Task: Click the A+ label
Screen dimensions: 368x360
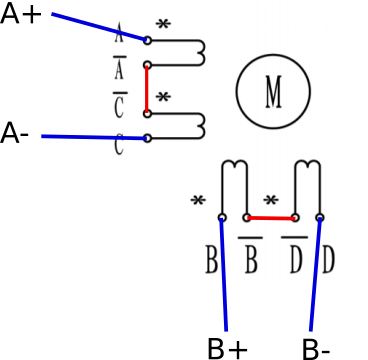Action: [21, 14]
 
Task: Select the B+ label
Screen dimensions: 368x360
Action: [228, 349]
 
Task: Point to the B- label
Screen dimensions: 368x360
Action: [316, 349]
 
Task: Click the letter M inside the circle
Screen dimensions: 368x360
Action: [273, 92]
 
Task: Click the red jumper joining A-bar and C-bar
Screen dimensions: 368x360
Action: [146, 89]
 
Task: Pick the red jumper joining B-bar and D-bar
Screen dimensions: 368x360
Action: [271, 218]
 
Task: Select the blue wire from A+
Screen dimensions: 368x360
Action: [99, 27]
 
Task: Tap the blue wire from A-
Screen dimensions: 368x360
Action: [94, 137]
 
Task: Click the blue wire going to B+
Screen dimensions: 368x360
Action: [224, 274]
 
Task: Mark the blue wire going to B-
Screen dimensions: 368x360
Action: [316, 274]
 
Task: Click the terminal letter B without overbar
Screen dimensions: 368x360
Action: [212, 260]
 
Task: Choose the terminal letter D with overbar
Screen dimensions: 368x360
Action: [294, 255]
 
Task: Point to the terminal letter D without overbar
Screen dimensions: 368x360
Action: [328, 260]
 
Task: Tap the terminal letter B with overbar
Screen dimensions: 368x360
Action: [251, 255]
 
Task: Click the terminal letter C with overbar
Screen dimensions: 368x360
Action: [120, 105]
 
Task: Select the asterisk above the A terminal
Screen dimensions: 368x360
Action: [163, 24]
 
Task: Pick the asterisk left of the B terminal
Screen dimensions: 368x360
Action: [198, 201]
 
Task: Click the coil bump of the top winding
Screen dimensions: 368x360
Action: [203, 53]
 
